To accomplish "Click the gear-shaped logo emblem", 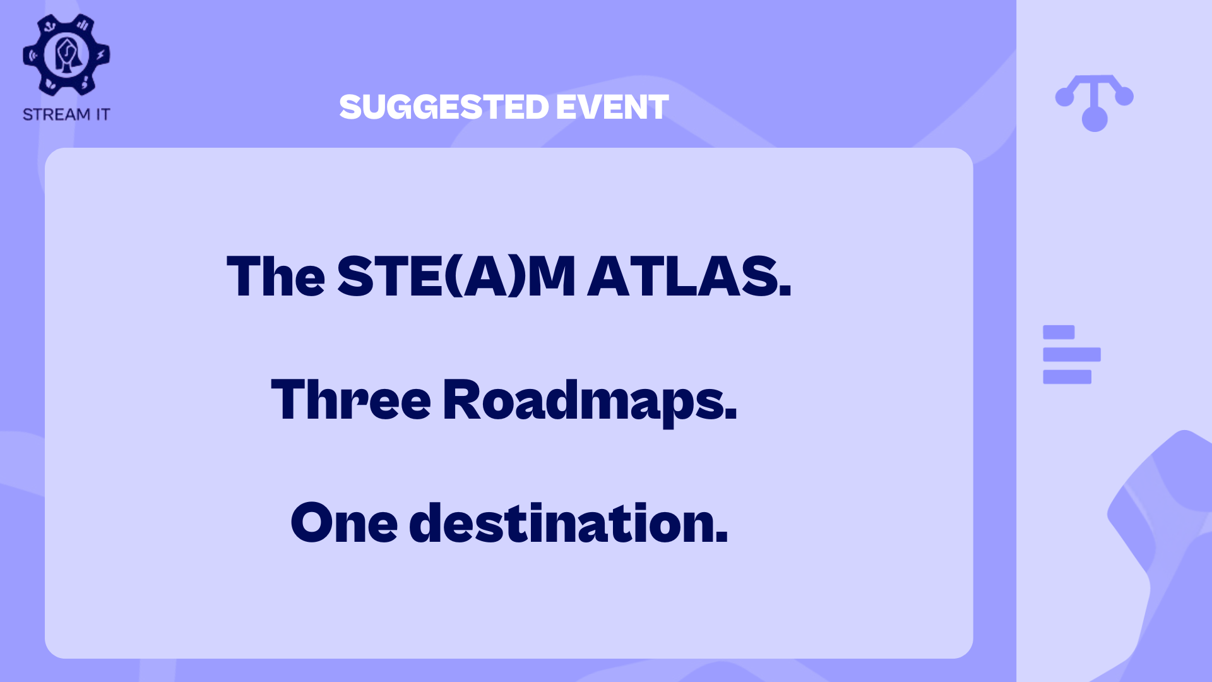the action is coord(66,55).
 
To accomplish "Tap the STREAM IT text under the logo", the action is coord(66,114).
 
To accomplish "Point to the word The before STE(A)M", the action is coord(276,276).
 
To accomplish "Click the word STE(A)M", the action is coord(456,276).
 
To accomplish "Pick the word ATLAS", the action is coord(689,276).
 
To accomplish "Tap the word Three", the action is coord(351,399).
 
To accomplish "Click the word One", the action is coord(344,523).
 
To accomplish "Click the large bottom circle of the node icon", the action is coord(1095,119).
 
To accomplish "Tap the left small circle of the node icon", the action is coord(1065,97).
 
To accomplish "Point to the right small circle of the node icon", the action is coord(1124,97).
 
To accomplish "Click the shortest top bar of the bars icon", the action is coord(1059,332).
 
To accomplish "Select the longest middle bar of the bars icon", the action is coord(1072,354).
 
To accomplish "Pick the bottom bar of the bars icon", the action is coord(1067,377).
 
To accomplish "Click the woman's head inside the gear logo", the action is coord(66,55).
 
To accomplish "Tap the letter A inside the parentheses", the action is coord(486,276).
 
